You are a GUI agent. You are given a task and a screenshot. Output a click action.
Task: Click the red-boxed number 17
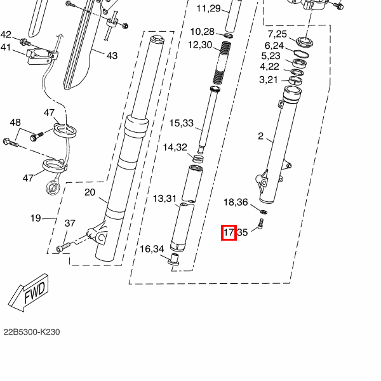tap(229, 232)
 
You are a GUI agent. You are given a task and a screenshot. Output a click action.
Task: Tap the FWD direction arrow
tap(29, 293)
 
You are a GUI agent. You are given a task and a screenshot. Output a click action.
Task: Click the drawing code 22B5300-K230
tap(32, 332)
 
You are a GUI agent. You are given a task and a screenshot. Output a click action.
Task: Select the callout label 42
tap(6, 35)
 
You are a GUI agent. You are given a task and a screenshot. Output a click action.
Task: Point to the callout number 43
tap(112, 56)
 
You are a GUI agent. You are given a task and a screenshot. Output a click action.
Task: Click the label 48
tap(15, 122)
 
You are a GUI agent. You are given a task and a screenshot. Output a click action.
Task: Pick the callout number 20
tap(90, 192)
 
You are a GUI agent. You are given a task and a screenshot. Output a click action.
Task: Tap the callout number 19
tap(36, 218)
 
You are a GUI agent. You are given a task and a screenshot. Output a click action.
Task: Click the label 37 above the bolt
tap(70, 223)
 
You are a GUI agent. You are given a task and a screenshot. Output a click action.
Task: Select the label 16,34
tap(152, 249)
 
